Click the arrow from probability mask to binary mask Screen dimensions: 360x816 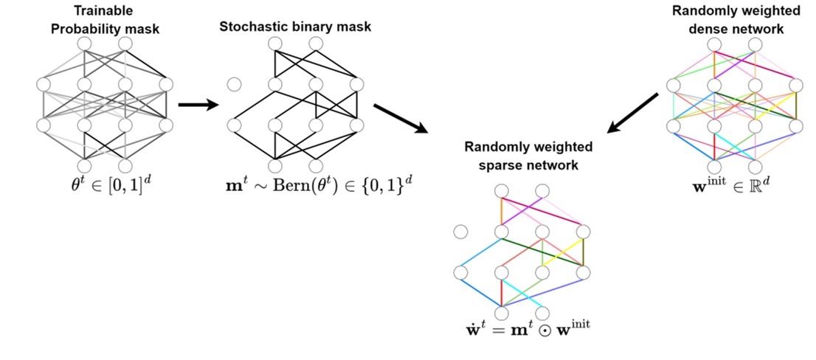click(199, 105)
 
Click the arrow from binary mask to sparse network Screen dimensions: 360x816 click(401, 118)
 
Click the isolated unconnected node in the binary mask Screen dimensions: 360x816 click(235, 84)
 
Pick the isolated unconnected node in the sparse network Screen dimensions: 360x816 click(461, 232)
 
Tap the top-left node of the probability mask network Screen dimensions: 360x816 click(84, 44)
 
